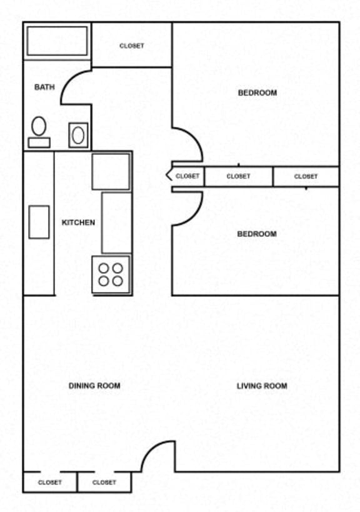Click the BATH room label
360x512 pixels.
click(x=44, y=87)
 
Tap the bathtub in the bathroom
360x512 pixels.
click(x=57, y=41)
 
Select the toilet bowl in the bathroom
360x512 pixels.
click(x=39, y=127)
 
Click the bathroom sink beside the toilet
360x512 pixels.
click(x=78, y=135)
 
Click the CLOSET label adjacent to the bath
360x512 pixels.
click(x=132, y=46)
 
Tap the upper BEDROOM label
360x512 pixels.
click(x=257, y=93)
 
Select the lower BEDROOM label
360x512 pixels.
click(x=257, y=234)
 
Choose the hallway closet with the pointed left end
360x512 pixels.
click(x=186, y=176)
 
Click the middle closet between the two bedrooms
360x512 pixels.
click(x=238, y=176)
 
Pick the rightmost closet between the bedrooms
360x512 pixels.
click(x=306, y=176)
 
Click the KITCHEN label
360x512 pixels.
click(x=78, y=223)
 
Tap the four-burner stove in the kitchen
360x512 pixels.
click(x=111, y=274)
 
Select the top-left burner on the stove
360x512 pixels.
click(x=104, y=268)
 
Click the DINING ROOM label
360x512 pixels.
click(x=94, y=386)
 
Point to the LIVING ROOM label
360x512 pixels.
click(x=262, y=386)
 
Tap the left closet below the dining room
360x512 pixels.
click(x=50, y=482)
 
